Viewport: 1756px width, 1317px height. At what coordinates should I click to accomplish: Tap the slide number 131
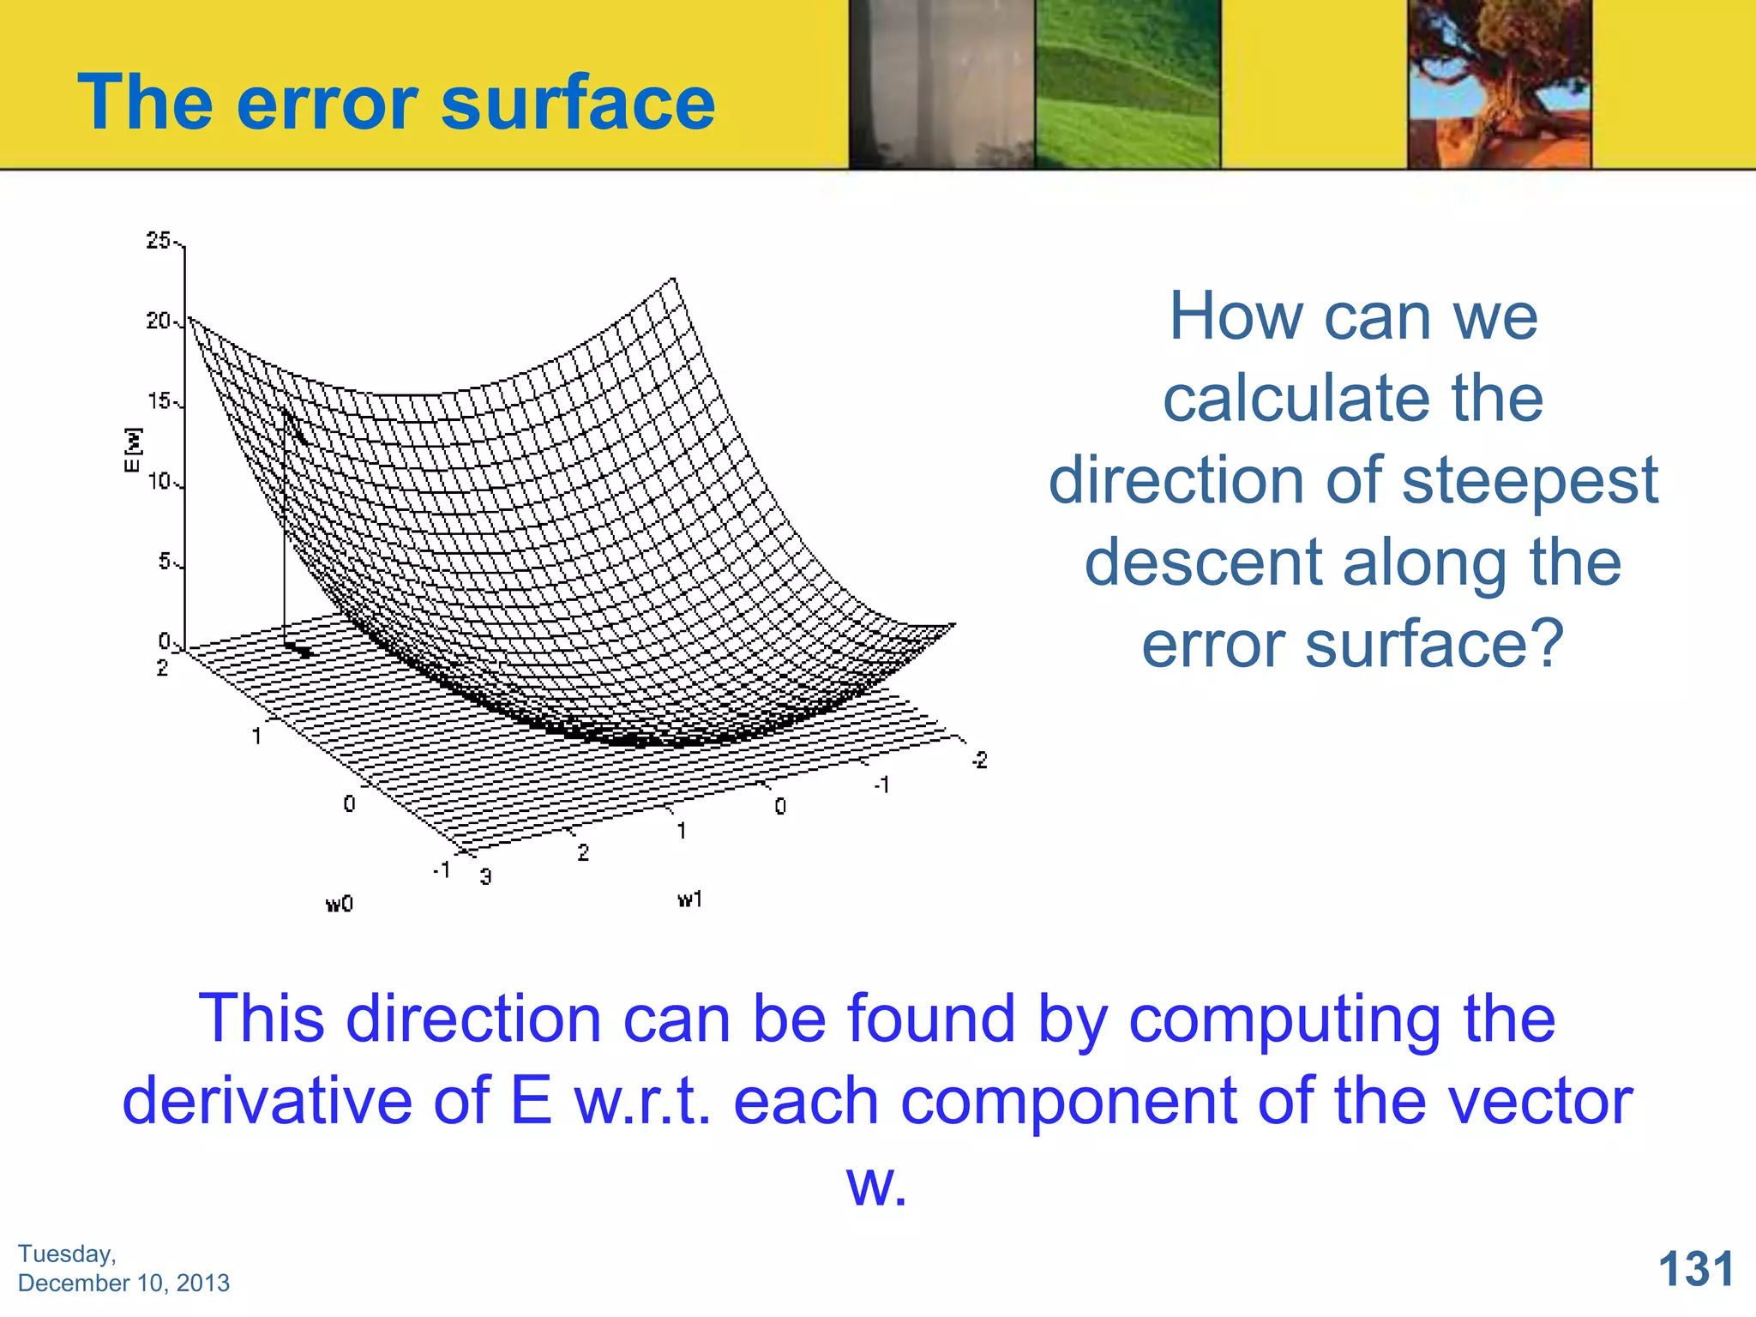click(x=1696, y=1269)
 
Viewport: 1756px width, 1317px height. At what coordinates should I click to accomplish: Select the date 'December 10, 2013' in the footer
click(x=123, y=1283)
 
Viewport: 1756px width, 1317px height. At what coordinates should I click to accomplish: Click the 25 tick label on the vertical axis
click(x=159, y=241)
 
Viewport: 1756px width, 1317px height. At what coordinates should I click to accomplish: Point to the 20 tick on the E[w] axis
click(x=159, y=322)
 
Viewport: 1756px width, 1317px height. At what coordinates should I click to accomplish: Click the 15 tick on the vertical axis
click(x=159, y=401)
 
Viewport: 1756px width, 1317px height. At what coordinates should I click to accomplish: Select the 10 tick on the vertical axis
click(x=159, y=482)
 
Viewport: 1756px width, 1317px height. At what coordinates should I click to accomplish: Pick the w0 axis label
click(x=340, y=904)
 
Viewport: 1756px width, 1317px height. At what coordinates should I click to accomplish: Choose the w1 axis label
click(x=690, y=899)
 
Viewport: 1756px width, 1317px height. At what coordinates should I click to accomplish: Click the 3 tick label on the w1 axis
click(x=486, y=876)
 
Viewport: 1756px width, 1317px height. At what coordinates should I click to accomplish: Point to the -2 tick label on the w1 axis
click(x=979, y=760)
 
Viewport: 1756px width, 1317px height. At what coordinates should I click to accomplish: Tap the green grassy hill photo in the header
click(x=1128, y=84)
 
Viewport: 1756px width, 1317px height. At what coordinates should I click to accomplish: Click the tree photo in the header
click(x=1500, y=84)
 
